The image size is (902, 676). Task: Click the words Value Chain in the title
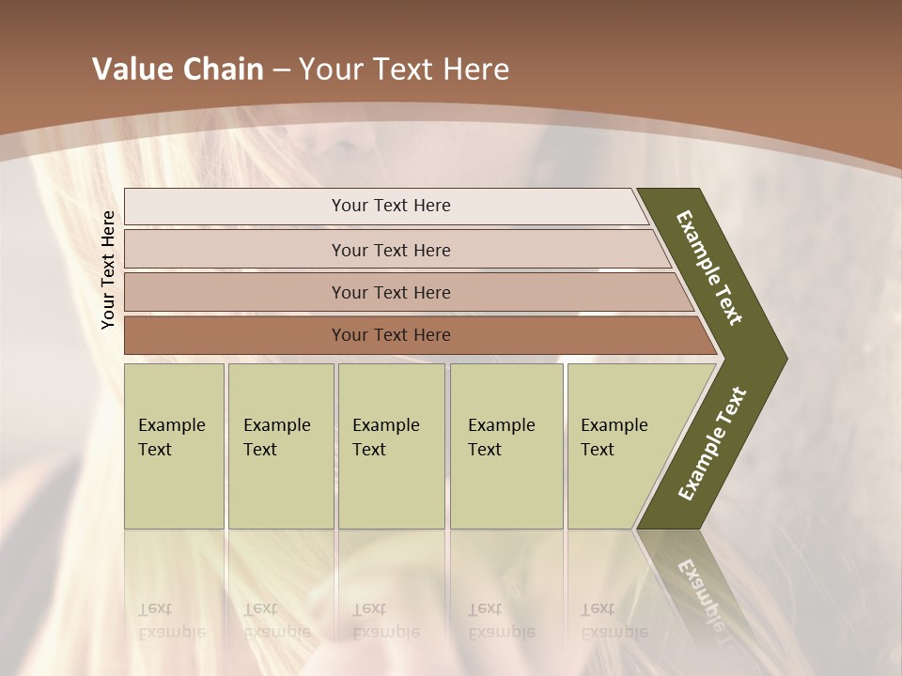pos(178,69)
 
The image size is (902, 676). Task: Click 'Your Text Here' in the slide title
pos(404,69)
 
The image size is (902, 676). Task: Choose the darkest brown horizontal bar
pos(235,335)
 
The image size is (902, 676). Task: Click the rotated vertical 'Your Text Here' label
pos(108,269)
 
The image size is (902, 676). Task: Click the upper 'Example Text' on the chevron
pos(709,268)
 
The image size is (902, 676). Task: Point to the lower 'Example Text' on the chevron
pos(711,444)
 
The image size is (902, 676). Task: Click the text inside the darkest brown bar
pos(391,335)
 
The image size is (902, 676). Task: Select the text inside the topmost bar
pos(391,206)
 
